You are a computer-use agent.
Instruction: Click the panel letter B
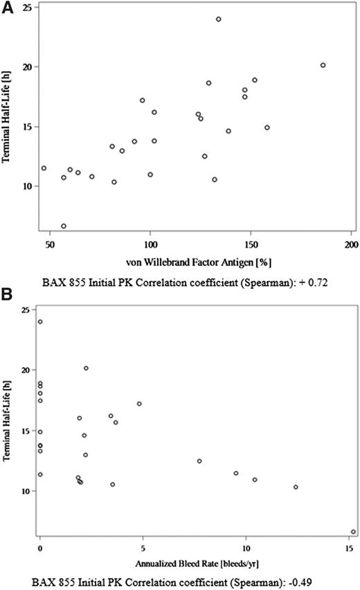pyautogui.click(x=6, y=294)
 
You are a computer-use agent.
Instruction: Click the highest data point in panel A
pyautogui.click(x=218, y=19)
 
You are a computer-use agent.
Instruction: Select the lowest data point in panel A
pyautogui.click(x=64, y=226)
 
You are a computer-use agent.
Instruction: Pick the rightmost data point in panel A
pyautogui.click(x=323, y=65)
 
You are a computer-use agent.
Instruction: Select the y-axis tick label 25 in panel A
pyautogui.click(x=23, y=8)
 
